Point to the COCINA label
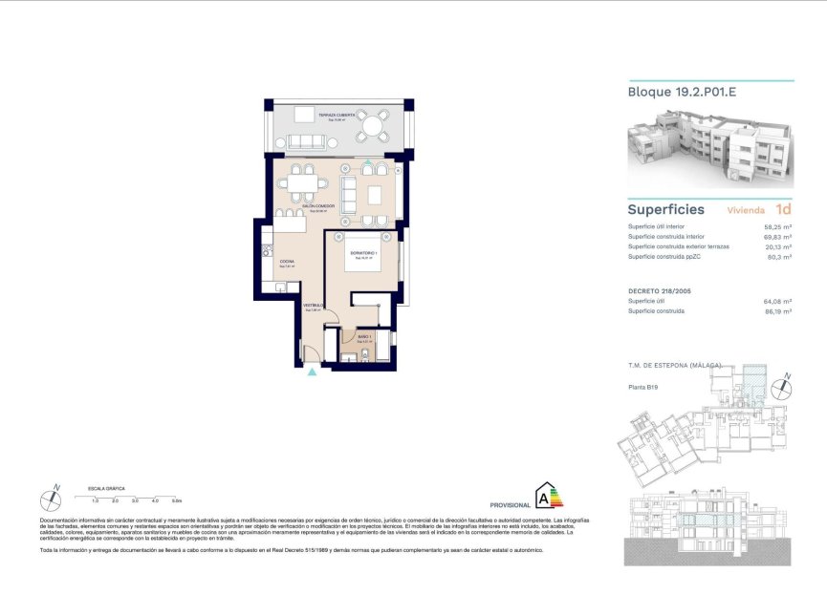287,262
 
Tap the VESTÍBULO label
315,307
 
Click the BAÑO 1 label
364,337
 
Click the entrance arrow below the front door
311,371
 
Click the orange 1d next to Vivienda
783,209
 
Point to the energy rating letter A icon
548,496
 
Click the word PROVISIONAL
510,504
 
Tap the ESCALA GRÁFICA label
105,486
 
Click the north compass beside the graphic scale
52,498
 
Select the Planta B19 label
643,387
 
